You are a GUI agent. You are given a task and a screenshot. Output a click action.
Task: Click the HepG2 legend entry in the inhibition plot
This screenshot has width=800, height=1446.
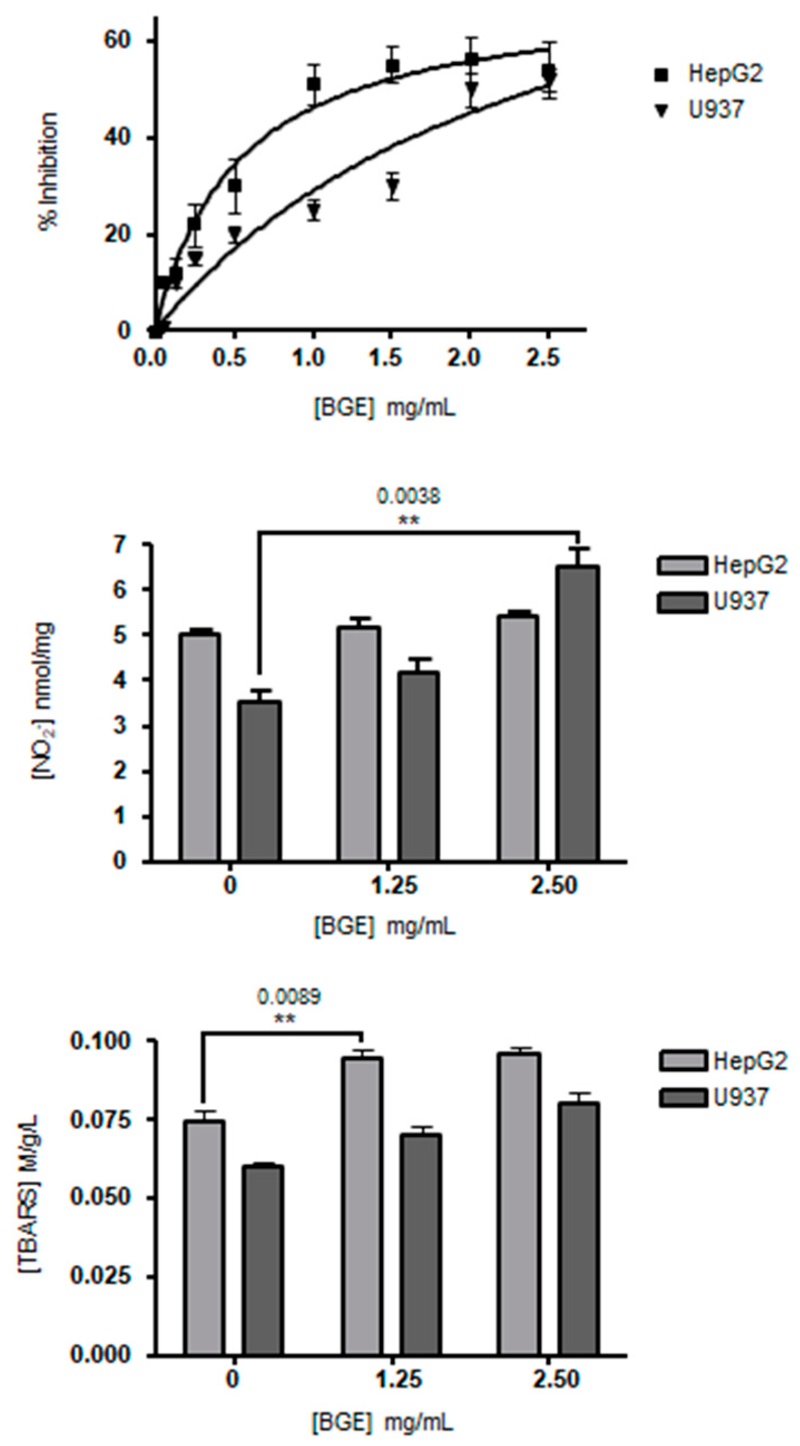pos(713,74)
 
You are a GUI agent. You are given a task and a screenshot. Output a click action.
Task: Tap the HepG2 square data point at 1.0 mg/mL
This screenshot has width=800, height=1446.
pos(314,84)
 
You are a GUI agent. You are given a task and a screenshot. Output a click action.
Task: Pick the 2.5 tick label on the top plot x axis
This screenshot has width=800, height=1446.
pos(543,358)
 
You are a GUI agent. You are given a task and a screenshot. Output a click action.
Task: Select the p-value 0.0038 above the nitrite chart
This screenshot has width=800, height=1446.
pos(408,497)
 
